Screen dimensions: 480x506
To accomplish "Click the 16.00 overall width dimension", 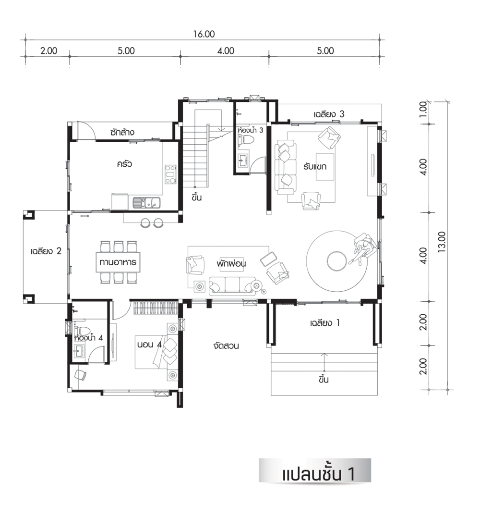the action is click(204, 34).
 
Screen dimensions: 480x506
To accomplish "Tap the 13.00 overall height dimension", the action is click(442, 242).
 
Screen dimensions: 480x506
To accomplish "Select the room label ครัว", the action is click(124, 163).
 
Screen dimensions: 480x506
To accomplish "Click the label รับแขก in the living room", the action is click(314, 166).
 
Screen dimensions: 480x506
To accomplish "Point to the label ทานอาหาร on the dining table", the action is click(118, 262).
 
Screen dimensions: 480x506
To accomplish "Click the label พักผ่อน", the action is click(231, 263).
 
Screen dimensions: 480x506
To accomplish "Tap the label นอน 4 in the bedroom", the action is click(149, 345).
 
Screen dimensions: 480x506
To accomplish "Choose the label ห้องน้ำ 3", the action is click(251, 130).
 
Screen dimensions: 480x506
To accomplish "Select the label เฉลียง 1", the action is click(324, 323).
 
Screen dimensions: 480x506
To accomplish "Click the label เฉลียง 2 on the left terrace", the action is click(46, 251).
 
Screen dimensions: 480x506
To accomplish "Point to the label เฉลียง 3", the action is click(329, 114).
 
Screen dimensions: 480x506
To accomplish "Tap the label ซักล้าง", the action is click(122, 132).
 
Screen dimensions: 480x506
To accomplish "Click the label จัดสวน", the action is click(226, 346).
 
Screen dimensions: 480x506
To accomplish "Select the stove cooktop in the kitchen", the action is click(170, 174).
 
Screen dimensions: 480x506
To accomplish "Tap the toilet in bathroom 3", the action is click(246, 140).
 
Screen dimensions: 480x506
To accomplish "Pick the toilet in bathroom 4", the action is click(82, 331).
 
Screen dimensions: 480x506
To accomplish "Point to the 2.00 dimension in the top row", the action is click(48, 50).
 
